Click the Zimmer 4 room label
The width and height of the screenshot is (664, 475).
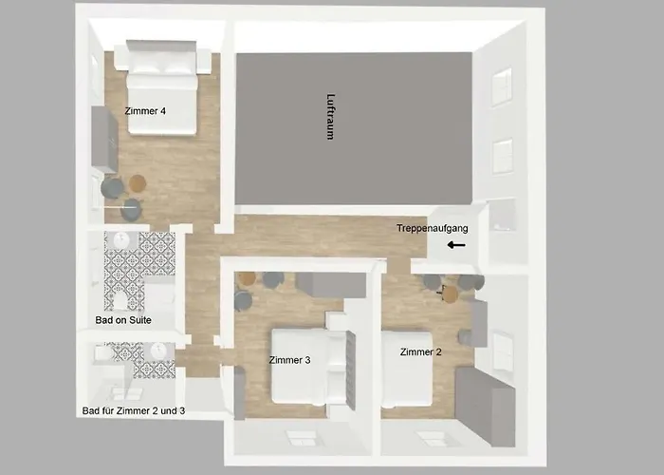point(145,111)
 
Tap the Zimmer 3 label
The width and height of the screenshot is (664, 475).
point(289,360)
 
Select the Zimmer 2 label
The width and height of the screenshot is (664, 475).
point(420,352)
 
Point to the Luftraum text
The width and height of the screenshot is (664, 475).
point(331,117)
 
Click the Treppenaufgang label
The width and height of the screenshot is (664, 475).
point(433,229)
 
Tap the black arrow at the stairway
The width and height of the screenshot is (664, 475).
point(456,245)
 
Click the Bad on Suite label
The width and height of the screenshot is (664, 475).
point(123,320)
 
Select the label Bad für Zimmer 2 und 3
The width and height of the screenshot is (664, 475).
point(134,411)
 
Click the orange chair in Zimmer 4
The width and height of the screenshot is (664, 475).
point(138,183)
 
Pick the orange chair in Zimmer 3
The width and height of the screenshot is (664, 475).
point(247,279)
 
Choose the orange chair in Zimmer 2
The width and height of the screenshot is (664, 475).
point(451,294)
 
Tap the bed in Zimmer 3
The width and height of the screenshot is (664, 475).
point(308,366)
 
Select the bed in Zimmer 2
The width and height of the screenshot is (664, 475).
point(407,369)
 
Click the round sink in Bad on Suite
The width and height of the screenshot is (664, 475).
point(121,240)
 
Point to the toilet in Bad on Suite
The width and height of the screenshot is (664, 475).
point(120,299)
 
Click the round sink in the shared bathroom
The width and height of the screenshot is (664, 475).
point(158,351)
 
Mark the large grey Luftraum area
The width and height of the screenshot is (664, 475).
point(354,128)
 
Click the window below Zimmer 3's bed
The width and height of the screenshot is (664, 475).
point(301,438)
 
